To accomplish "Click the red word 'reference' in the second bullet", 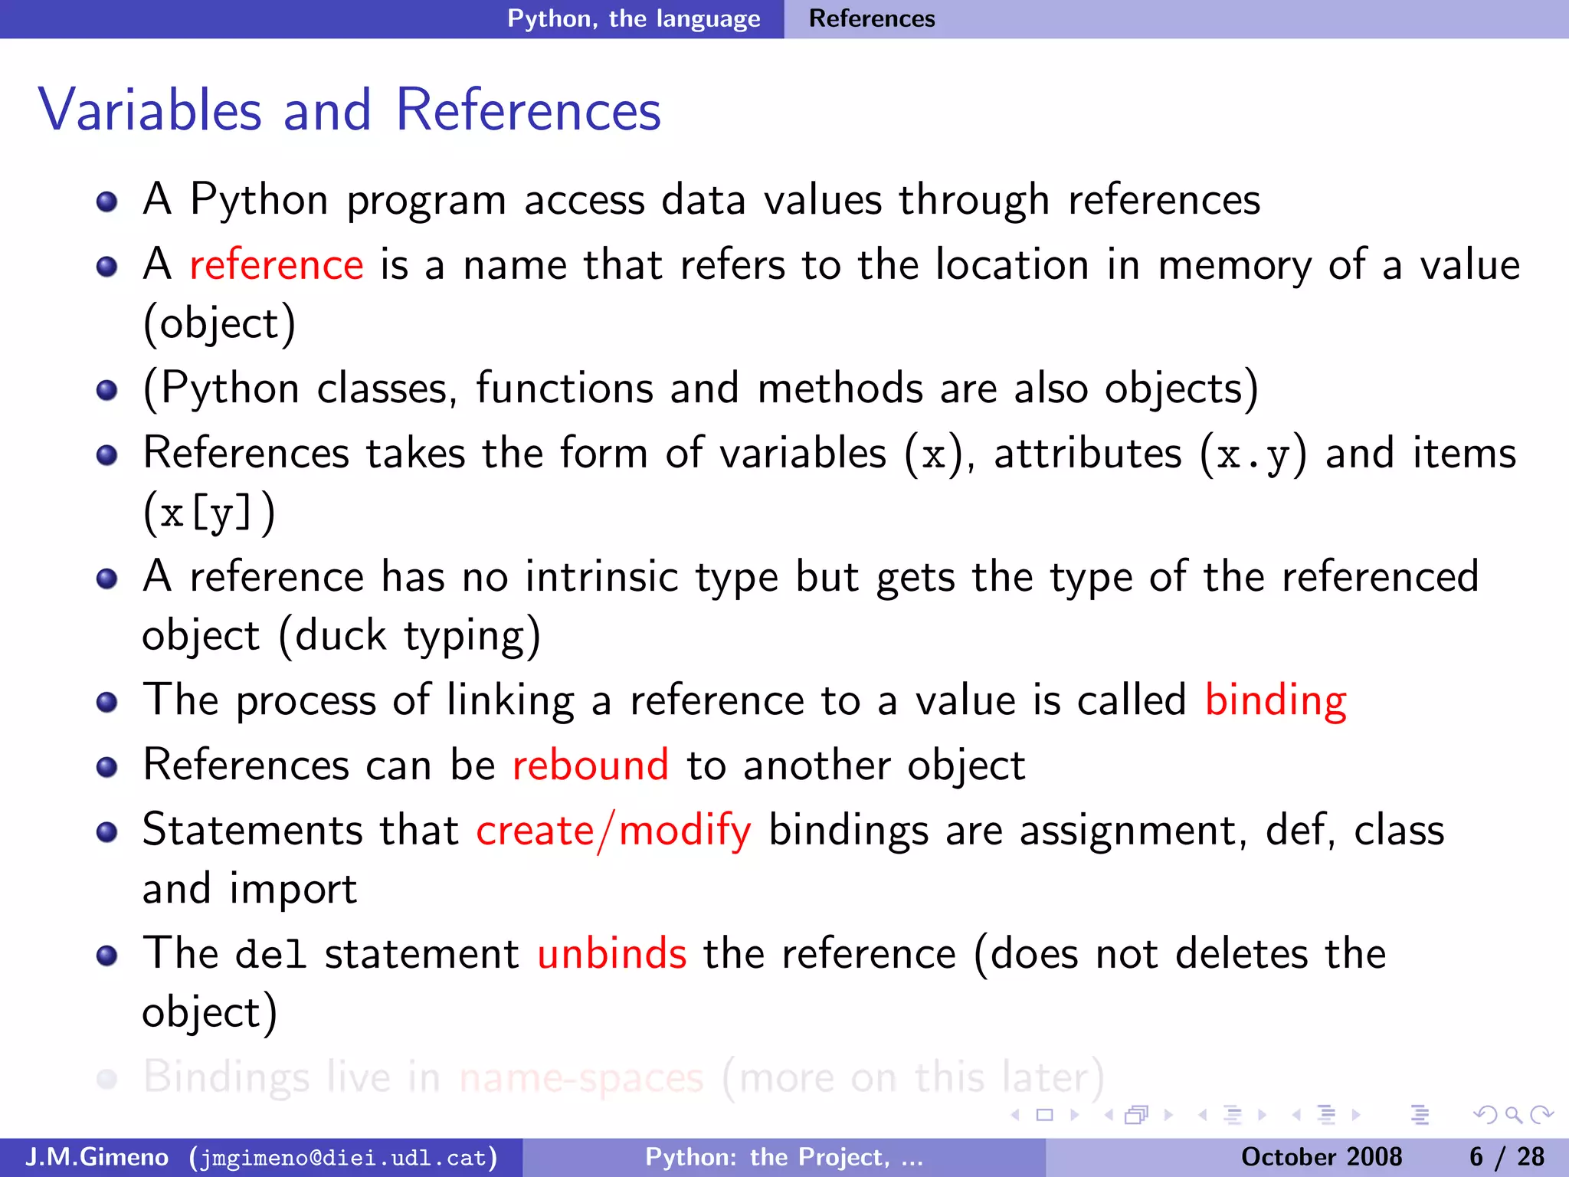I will point(276,265).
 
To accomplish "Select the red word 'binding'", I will point(1276,700).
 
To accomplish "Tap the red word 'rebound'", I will point(590,766).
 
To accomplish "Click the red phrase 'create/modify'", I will point(613,831).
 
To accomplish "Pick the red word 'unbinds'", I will point(611,954).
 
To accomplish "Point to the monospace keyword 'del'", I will point(270,956).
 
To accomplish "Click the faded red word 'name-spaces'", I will point(581,1078).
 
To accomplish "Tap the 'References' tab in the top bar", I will point(872,18).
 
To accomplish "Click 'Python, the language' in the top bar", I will point(634,18).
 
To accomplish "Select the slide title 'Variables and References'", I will point(349,110).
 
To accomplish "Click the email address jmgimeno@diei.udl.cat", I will point(343,1157).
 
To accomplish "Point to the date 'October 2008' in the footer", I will point(1321,1157).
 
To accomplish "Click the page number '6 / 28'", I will point(1506,1157).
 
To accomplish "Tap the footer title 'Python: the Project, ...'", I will point(784,1157).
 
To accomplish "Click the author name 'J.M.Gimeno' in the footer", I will point(97,1157).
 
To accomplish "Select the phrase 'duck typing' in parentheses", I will point(410,636).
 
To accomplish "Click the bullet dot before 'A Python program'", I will point(107,202).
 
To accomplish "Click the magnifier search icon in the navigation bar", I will point(1513,1115).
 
